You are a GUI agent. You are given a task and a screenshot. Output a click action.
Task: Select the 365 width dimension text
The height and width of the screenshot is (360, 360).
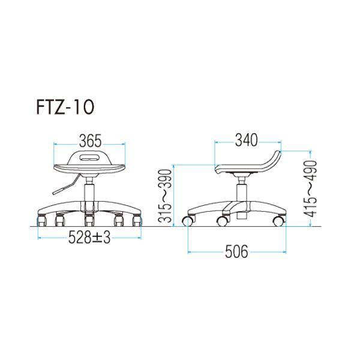[x=89, y=142]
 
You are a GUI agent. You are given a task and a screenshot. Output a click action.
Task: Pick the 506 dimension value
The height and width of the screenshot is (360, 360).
[x=237, y=252]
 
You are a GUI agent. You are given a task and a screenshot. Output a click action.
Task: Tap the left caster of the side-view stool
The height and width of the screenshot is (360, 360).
[x=187, y=221]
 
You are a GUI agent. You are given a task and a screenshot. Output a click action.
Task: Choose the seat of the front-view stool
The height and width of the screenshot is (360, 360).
[x=89, y=168]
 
